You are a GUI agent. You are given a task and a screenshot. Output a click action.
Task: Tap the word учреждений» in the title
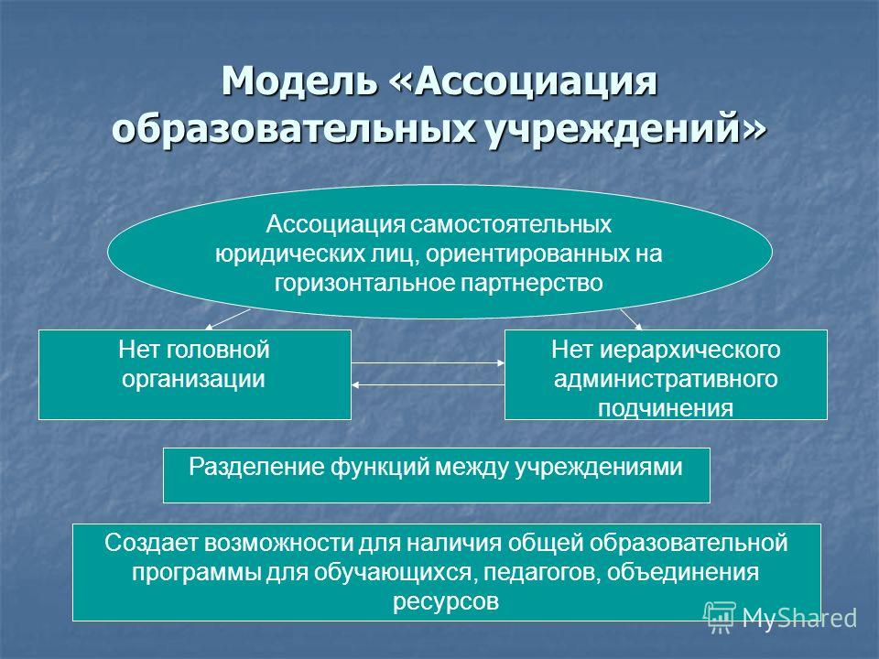(626, 129)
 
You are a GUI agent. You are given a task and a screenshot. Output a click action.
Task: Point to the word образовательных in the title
(294, 129)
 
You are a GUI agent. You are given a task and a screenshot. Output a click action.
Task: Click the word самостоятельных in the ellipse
(511, 224)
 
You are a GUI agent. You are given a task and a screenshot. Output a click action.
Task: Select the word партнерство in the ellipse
(531, 283)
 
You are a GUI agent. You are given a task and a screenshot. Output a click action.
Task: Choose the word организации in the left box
(193, 379)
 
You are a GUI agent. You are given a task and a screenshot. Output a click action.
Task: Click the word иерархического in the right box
(690, 351)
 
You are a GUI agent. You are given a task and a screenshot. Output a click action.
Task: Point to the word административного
(666, 379)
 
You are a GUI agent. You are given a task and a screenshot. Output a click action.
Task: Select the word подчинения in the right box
(666, 408)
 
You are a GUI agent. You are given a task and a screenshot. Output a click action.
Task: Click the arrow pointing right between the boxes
(429, 363)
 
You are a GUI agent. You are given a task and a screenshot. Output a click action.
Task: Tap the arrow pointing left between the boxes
(429, 385)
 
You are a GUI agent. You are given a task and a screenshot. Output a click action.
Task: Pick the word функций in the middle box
(379, 467)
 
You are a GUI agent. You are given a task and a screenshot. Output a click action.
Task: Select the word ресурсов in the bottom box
(446, 602)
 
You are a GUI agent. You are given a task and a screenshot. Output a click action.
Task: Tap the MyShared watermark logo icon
(720, 617)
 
